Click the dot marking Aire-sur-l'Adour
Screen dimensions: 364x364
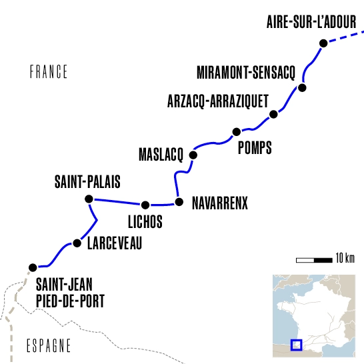[x=323, y=43]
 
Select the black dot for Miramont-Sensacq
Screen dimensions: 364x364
[x=302, y=88]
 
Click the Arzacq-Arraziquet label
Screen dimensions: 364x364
[x=217, y=101]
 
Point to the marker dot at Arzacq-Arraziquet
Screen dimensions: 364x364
[x=273, y=115]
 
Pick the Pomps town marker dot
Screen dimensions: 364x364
[x=235, y=131]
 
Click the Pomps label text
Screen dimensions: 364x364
[x=255, y=148]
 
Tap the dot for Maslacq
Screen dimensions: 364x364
[x=194, y=155]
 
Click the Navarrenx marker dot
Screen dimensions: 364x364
[x=178, y=201]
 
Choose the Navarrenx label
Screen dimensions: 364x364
[x=219, y=203]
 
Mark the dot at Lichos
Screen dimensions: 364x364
[x=145, y=205]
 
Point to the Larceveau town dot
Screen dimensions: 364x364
[x=77, y=243]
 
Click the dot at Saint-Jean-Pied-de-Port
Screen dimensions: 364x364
[x=31, y=267]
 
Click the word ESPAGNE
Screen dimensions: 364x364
[x=48, y=345]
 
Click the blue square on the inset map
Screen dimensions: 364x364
[x=297, y=345]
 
